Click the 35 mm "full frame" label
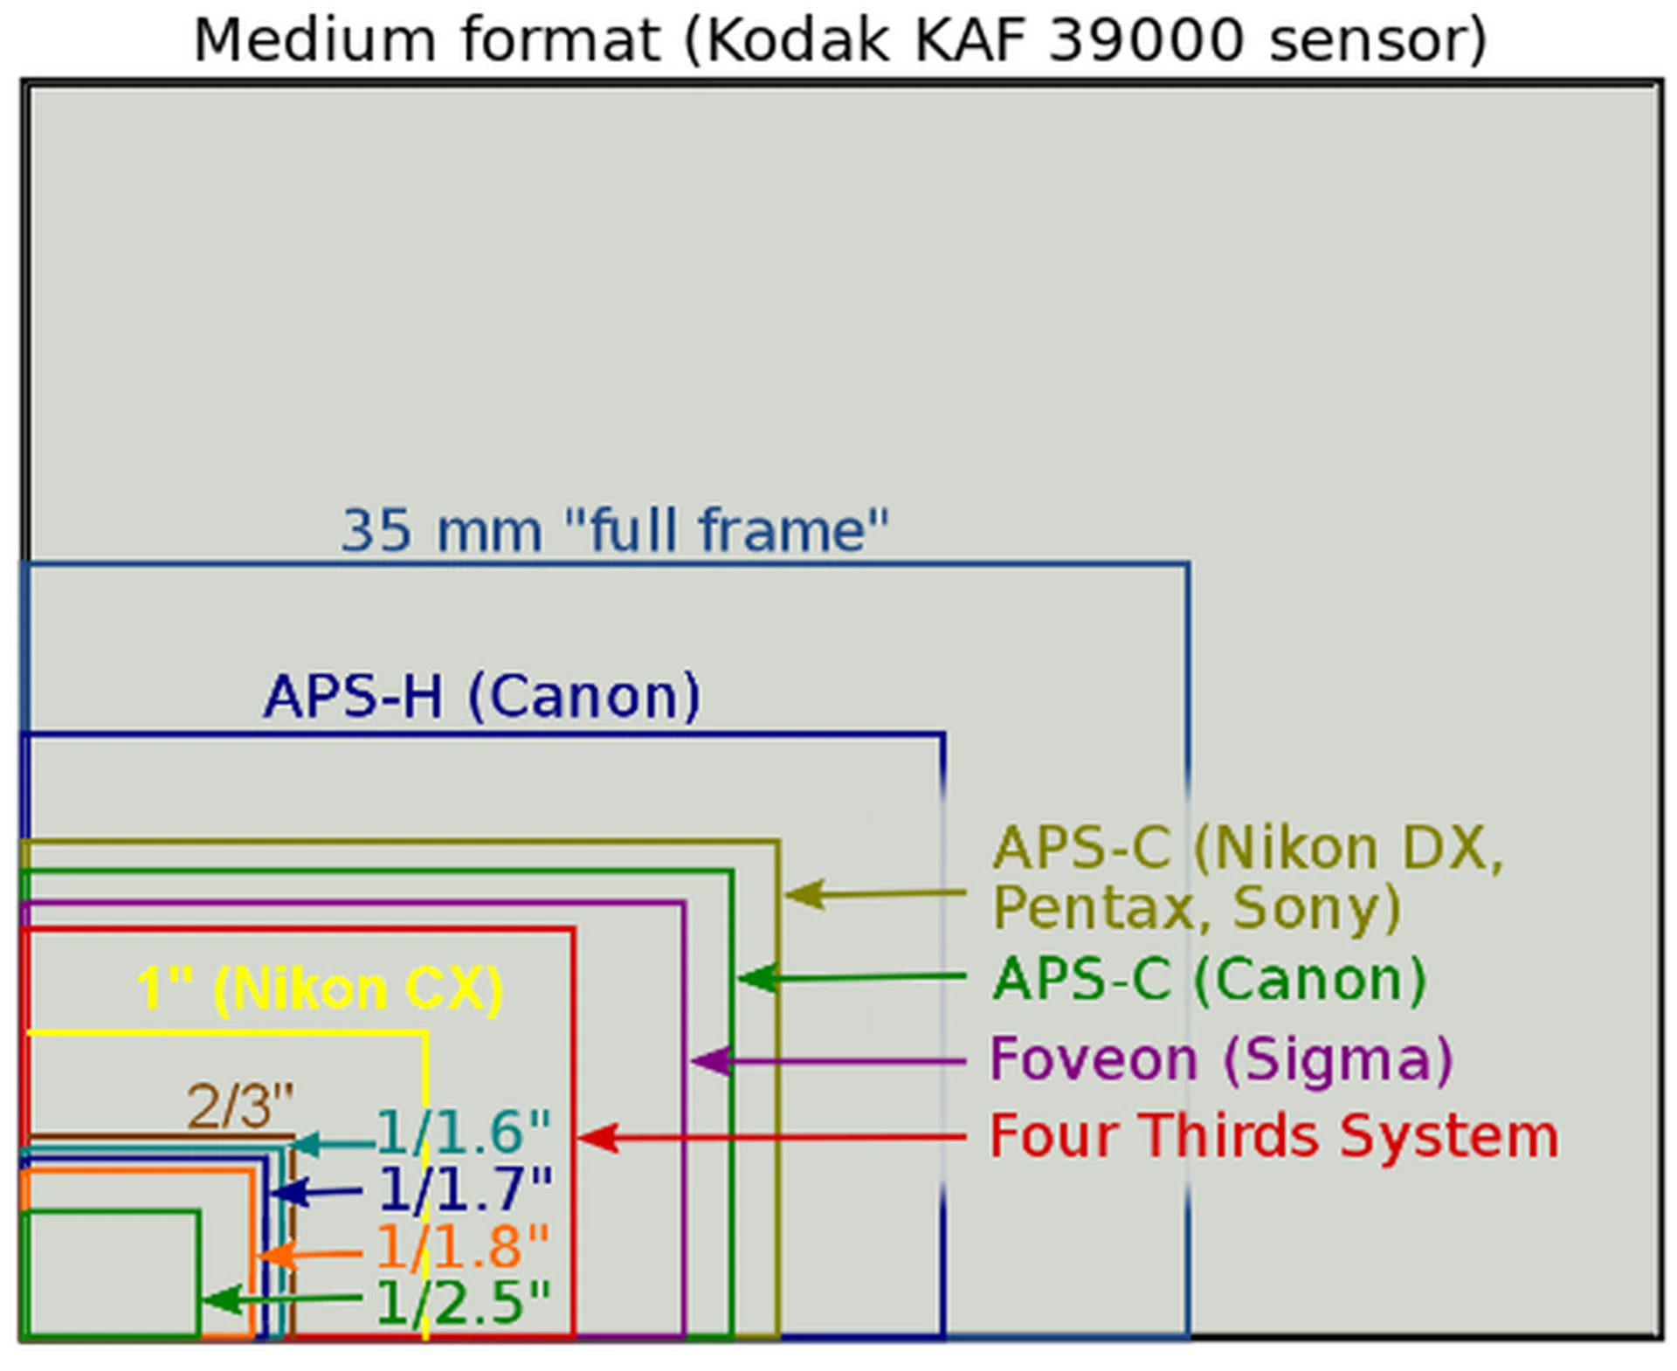[614, 530]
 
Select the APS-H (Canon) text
[481, 696]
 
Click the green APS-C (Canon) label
[1209, 979]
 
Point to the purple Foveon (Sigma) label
[1220, 1059]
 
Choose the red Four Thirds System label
[1273, 1136]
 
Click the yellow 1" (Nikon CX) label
[320, 989]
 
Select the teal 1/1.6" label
[464, 1133]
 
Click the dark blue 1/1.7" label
[466, 1189]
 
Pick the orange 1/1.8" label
[463, 1247]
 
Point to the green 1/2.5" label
[463, 1303]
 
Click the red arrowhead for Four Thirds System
[597, 1138]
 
